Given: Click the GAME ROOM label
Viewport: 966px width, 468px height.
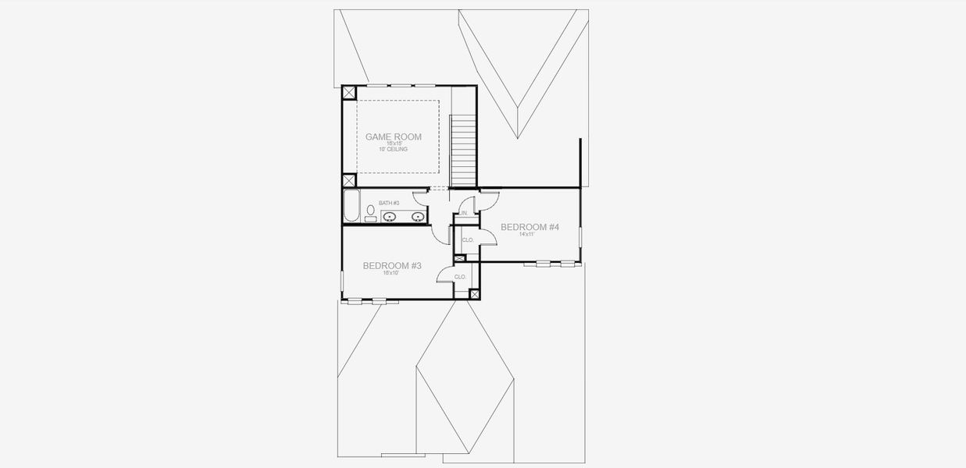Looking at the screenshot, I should tap(393, 136).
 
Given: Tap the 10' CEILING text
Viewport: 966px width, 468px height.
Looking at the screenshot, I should tap(393, 149).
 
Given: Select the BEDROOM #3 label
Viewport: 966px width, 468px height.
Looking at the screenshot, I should tap(392, 266).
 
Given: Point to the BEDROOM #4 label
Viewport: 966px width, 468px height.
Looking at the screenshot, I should tap(529, 227).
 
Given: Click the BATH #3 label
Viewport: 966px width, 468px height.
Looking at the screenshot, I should tap(389, 203).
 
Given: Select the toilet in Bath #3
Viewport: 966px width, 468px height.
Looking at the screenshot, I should tap(370, 212).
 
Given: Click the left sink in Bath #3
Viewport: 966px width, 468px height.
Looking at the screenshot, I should tap(393, 216).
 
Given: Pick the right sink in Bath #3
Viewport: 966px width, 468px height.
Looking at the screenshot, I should tap(417, 216).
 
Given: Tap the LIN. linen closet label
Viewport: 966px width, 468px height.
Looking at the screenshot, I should tap(464, 213).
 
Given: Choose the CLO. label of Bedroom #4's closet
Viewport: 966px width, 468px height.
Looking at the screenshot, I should tap(468, 240).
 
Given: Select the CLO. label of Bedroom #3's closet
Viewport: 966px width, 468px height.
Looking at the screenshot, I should tap(460, 277).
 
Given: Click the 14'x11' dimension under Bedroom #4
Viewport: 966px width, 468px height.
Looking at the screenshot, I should tap(529, 235).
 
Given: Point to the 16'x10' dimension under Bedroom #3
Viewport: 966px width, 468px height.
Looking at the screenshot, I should tap(392, 274).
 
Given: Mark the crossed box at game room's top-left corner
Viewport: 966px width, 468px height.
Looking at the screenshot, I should tap(349, 92).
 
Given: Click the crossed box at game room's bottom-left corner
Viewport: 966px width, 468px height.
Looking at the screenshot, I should tap(349, 180).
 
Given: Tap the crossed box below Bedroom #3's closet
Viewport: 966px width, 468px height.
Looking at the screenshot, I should tap(473, 294).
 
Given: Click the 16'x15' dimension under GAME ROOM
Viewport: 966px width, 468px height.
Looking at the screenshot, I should tap(393, 144).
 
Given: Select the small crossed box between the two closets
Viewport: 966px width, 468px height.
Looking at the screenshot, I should tap(459, 258).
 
